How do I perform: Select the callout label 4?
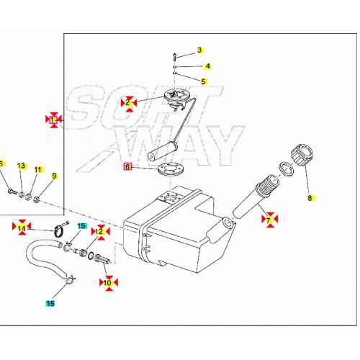207,66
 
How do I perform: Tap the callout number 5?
203,82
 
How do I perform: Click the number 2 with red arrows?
128,103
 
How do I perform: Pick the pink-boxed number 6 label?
127,166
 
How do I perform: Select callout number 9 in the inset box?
53,175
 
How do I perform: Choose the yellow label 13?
21,166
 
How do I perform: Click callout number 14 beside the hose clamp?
22,228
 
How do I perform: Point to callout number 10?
108,283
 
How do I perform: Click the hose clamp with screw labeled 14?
60,232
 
